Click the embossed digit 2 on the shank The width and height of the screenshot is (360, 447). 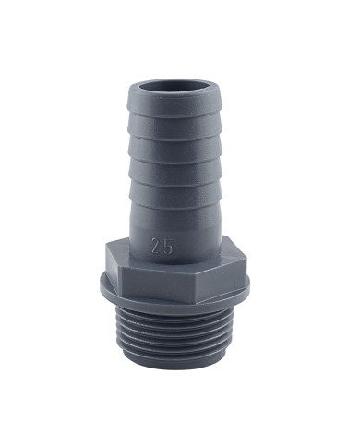click(160, 248)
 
